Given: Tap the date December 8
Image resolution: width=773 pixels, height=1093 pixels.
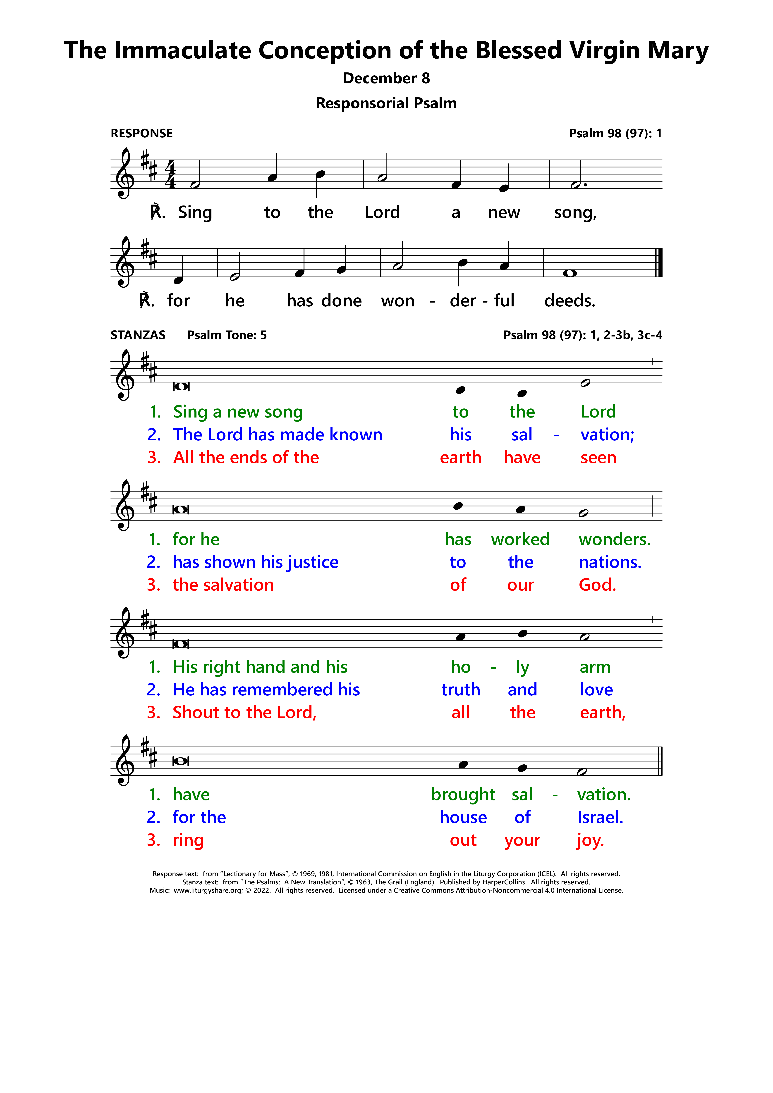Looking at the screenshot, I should [x=386, y=78].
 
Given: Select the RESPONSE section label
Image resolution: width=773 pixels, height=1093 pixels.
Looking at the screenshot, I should [x=141, y=133].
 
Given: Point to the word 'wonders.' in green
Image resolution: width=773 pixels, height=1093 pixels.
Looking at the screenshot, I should [x=614, y=539].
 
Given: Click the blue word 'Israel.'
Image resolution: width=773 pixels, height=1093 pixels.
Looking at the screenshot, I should [x=600, y=817].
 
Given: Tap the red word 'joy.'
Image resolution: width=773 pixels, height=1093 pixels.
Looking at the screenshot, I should [x=590, y=840].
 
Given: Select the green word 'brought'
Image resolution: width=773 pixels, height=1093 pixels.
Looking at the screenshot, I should [x=463, y=795].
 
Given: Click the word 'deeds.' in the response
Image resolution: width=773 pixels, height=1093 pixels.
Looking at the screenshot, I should [x=570, y=301].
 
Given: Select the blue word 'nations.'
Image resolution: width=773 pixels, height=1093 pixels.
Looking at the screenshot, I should [x=610, y=562].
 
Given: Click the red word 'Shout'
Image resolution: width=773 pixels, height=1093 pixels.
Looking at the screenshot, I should [x=196, y=713].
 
